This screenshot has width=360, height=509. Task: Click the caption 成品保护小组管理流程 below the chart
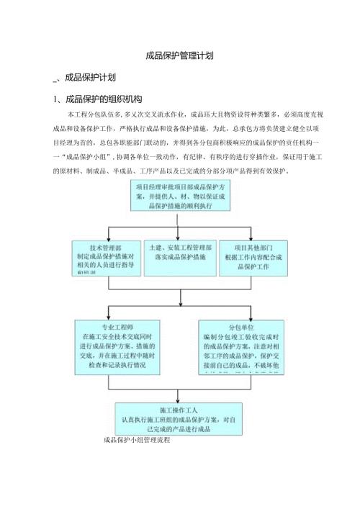136,439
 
